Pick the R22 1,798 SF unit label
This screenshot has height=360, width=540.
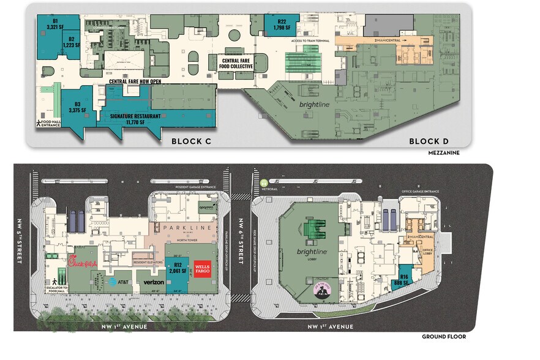tap(281, 24)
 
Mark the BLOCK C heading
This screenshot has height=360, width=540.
tap(191, 141)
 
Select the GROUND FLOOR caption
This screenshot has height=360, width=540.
tap(443, 337)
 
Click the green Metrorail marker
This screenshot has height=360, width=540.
tap(264, 182)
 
